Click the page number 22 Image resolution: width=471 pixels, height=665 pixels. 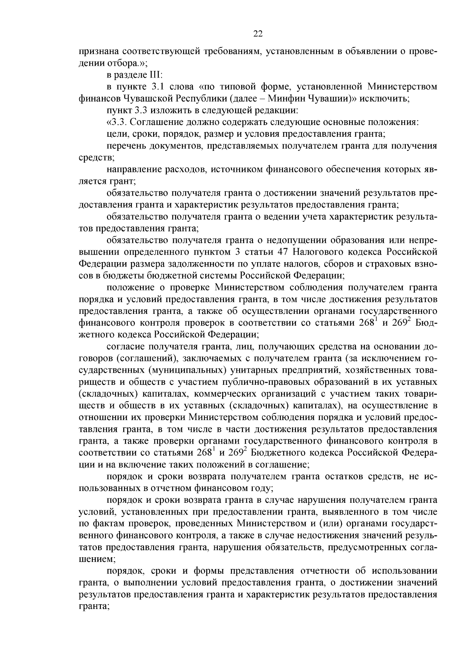(x=258, y=34)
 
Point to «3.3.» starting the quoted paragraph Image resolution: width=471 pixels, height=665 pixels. (x=120, y=122)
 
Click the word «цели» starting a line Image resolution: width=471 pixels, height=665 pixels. (x=116, y=134)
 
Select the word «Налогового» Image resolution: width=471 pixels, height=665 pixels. (x=318, y=250)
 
